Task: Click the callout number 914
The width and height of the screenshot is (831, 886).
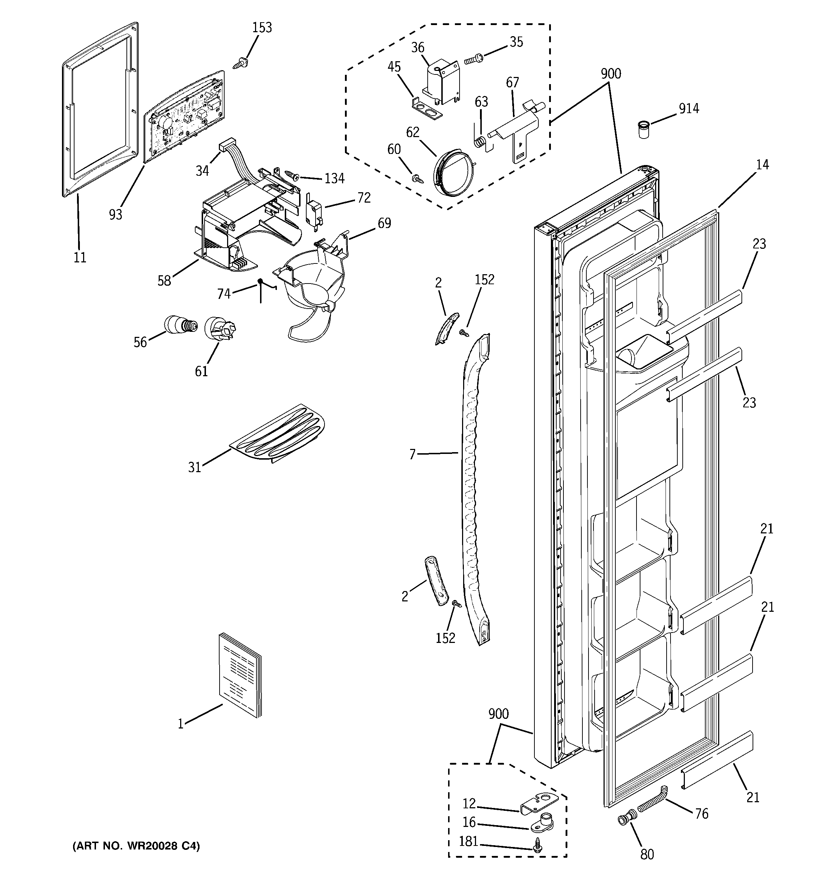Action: point(689,108)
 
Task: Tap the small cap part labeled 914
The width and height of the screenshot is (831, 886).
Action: point(643,129)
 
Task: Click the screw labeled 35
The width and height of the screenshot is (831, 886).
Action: point(473,58)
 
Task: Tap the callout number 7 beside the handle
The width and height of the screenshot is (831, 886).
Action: point(412,454)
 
